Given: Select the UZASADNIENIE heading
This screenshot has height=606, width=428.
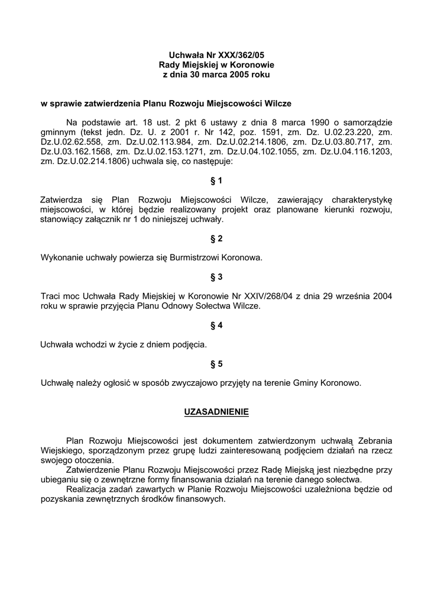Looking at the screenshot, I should pyautogui.click(x=216, y=411).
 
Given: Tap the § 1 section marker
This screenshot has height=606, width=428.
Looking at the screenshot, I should pyautogui.click(x=216, y=180).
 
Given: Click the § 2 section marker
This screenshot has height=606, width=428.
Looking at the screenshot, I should pyautogui.click(x=216, y=238).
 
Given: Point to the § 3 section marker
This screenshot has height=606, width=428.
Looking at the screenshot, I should pyautogui.click(x=216, y=276).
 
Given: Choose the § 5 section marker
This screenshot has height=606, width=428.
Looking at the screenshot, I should pyautogui.click(x=216, y=363).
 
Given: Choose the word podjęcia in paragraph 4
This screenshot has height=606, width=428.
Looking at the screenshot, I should pyautogui.click(x=189, y=344).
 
